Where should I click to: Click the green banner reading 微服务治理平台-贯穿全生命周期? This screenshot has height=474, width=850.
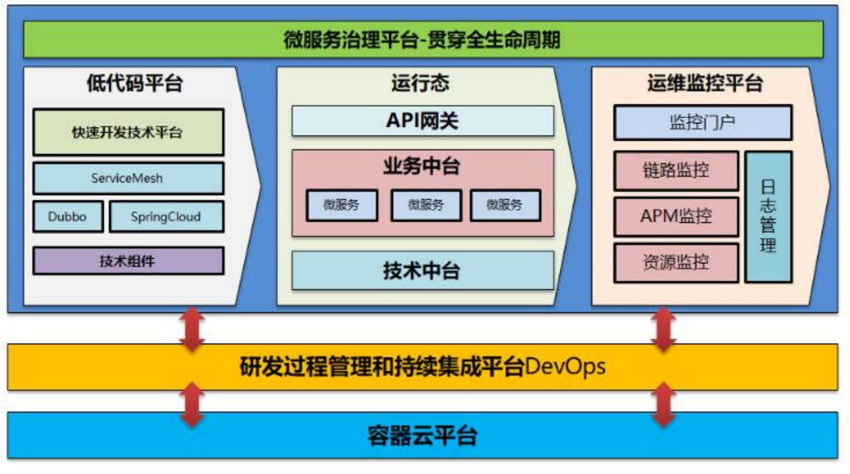423,39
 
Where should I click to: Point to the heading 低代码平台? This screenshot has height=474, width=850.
134,83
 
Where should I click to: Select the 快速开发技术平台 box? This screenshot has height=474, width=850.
128,132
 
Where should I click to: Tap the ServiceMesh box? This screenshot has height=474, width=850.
128,178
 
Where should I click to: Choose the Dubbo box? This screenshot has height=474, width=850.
68,217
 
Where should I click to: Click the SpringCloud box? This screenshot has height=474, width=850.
167,217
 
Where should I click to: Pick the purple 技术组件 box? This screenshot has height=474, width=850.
128,261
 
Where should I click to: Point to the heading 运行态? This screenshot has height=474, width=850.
420,83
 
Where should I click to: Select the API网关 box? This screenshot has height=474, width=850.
423,121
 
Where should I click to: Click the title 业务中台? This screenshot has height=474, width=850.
422,166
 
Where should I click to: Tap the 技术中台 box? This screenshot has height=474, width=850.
423,271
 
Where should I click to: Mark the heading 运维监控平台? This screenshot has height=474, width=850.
705,83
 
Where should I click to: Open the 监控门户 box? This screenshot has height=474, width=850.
703,123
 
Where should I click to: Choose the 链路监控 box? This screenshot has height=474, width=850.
676,170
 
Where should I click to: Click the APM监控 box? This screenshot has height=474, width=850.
676,217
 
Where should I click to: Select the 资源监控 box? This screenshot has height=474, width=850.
676,263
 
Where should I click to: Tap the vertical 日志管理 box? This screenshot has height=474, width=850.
768,217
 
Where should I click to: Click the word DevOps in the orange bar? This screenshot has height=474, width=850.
565,367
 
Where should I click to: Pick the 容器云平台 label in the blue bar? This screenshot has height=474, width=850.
422,435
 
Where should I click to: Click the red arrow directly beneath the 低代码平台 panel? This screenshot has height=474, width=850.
192,329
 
